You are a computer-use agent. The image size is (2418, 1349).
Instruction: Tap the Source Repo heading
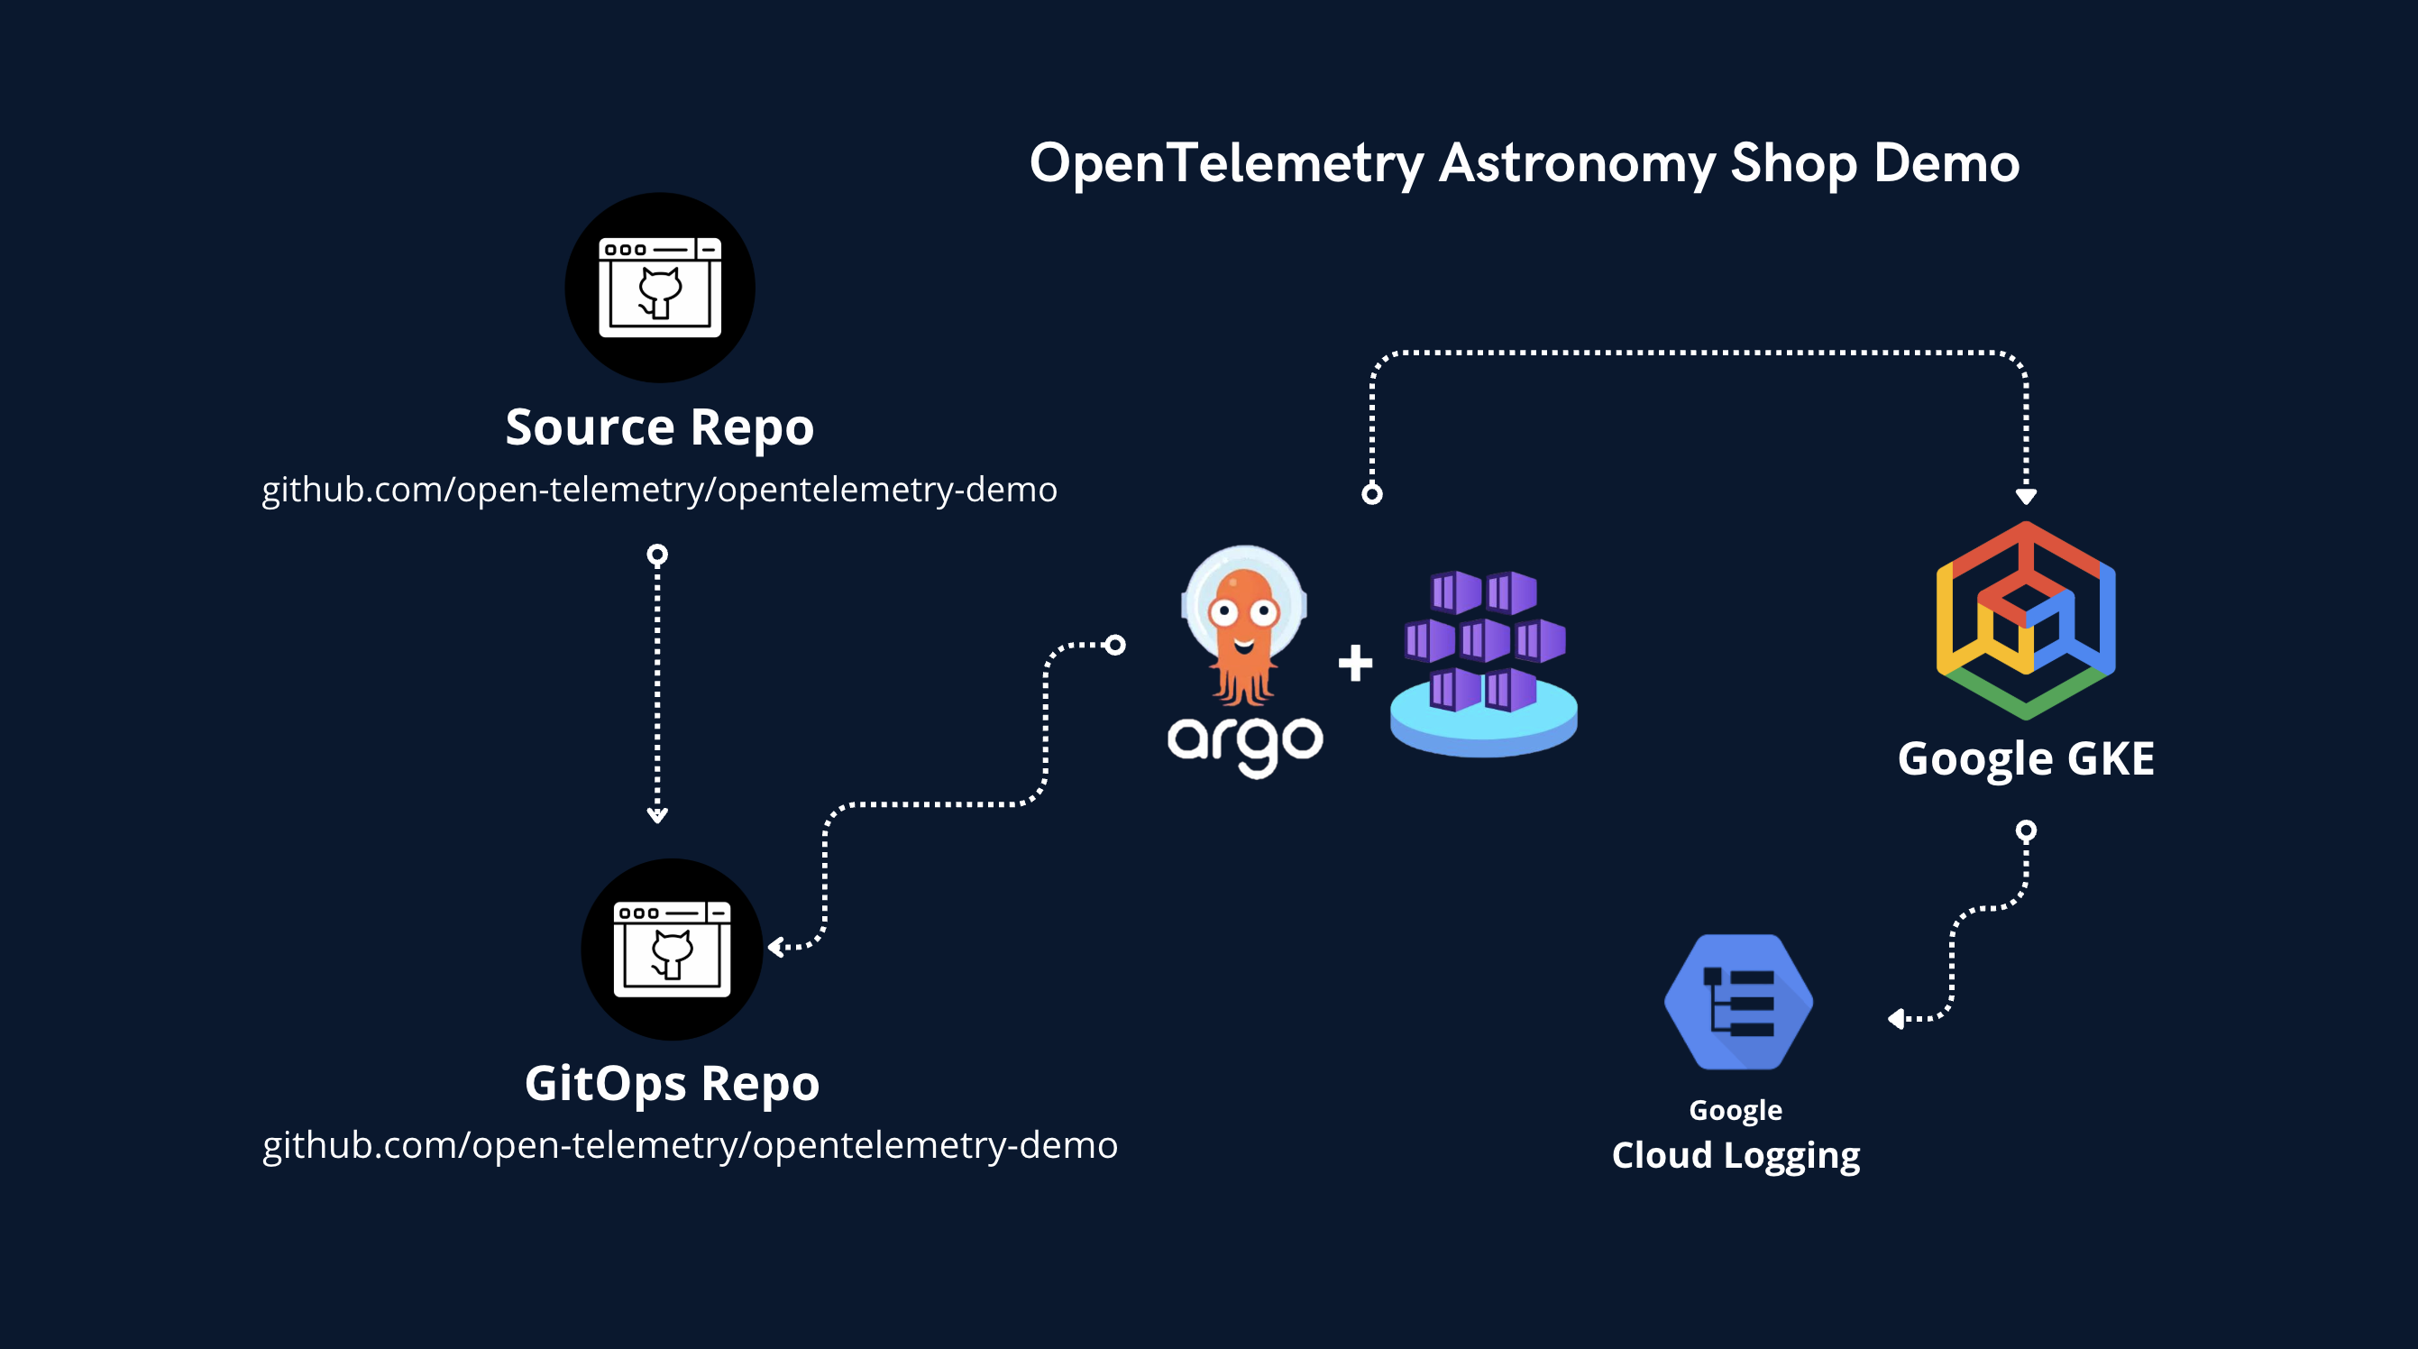(659, 428)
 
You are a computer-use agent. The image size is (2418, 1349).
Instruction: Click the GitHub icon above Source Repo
(660, 288)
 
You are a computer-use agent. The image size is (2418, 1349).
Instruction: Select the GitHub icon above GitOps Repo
(672, 950)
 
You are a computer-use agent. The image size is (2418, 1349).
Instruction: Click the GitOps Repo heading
(672, 1083)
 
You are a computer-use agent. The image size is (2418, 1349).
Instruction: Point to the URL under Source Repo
(659, 490)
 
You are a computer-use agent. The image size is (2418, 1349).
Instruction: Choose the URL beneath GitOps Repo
(690, 1145)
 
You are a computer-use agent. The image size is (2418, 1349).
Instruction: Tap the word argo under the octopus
(1245, 744)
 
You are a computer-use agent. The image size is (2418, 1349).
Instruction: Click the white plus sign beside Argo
(1355, 663)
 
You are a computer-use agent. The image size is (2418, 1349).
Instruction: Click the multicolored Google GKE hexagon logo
(2026, 620)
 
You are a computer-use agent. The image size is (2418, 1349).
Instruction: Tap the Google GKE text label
(2026, 758)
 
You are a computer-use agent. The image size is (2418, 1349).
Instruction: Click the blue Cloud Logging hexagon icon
(1738, 1002)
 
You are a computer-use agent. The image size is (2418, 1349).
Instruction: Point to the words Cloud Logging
(1736, 1156)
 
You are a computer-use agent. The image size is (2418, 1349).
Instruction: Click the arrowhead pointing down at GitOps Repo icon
(657, 816)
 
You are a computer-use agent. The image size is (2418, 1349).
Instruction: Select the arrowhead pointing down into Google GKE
(2026, 496)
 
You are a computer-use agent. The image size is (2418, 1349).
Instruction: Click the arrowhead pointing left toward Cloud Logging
(1896, 1019)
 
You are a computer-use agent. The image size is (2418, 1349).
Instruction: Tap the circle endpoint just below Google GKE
(2027, 831)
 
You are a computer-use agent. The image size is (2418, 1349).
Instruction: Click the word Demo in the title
(1946, 164)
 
